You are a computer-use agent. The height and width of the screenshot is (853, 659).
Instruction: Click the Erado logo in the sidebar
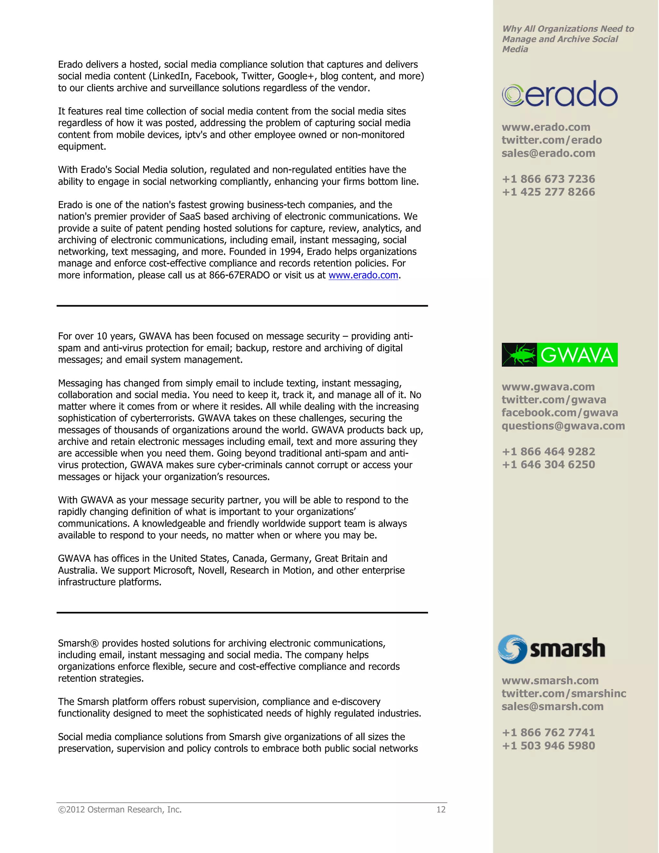[x=560, y=94]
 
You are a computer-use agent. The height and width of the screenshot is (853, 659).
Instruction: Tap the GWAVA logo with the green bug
[x=560, y=355]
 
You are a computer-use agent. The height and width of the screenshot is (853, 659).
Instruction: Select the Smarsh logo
[x=552, y=649]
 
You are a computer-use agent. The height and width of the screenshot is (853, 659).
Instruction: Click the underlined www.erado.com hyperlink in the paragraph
[x=363, y=275]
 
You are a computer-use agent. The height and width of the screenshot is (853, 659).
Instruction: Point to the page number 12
[x=441, y=810]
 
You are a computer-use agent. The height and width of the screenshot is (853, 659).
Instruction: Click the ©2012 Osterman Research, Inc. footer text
[x=120, y=810]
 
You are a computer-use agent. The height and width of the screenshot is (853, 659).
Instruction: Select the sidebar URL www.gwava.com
[x=548, y=387]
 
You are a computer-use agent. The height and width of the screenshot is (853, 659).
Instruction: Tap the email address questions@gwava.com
[x=563, y=426]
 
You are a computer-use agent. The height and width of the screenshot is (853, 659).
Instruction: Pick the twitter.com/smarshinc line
[x=564, y=693]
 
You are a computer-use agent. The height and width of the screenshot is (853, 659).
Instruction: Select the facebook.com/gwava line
[x=560, y=412]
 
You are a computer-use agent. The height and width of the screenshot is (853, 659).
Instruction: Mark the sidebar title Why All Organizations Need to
[x=568, y=29]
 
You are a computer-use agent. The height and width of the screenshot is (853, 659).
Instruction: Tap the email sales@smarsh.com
[x=552, y=706]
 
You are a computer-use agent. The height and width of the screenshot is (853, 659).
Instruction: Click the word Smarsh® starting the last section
[x=78, y=643]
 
